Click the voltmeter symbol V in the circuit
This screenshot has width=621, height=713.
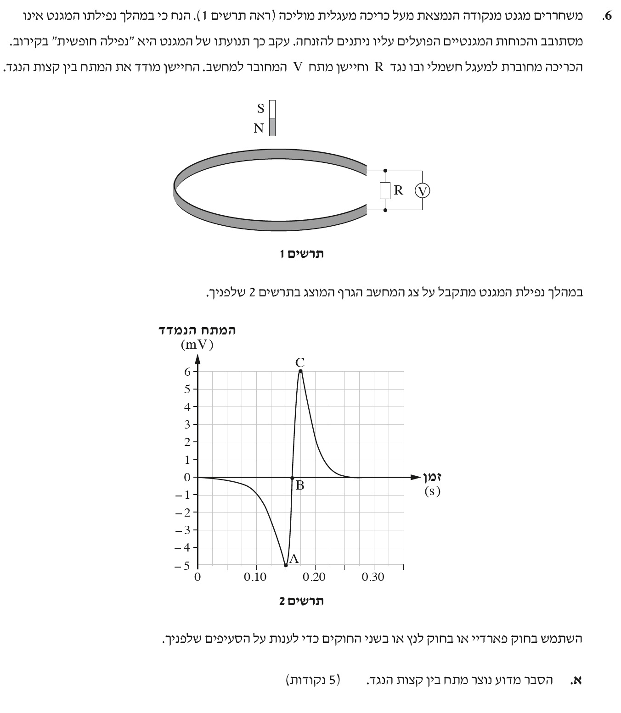click(x=422, y=190)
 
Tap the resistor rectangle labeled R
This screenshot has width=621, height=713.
click(x=385, y=190)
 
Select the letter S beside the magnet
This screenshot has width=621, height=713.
click(x=261, y=109)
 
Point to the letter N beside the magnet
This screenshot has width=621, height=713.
click(x=259, y=128)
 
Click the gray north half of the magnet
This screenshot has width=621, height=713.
click(x=272, y=127)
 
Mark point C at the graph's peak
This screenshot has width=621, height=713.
click(x=300, y=371)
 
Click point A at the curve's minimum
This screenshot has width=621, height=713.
click(x=286, y=565)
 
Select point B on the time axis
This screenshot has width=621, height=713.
click(x=292, y=478)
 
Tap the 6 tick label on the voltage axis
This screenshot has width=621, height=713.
click(x=187, y=371)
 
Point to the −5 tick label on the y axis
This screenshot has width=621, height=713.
click(x=183, y=565)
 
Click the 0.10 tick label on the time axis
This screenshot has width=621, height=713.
click(x=255, y=577)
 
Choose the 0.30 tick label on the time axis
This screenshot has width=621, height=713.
click(x=373, y=577)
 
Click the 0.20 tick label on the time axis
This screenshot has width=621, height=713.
click(x=314, y=577)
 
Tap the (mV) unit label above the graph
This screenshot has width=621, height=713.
click(x=197, y=345)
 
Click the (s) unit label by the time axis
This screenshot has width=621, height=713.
click(x=432, y=491)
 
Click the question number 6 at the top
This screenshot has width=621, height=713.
click(x=607, y=17)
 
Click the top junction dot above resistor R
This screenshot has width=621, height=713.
click(x=385, y=171)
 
